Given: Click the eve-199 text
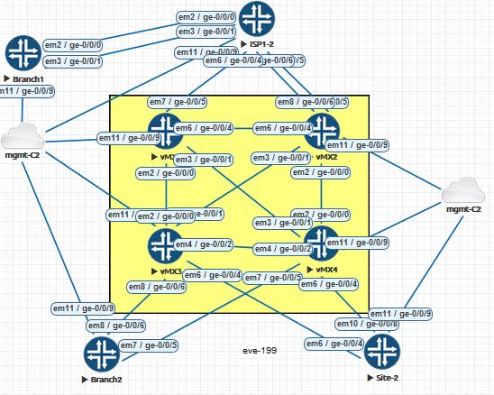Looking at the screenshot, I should pos(259,349).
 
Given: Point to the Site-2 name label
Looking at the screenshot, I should pos(385,375).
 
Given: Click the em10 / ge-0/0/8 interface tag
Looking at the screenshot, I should pos(367,323).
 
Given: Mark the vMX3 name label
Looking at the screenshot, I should pos(169,271).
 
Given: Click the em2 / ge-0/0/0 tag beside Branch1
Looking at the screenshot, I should pos(72,45).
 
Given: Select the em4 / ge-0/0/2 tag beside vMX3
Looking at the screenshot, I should pos(204,244).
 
